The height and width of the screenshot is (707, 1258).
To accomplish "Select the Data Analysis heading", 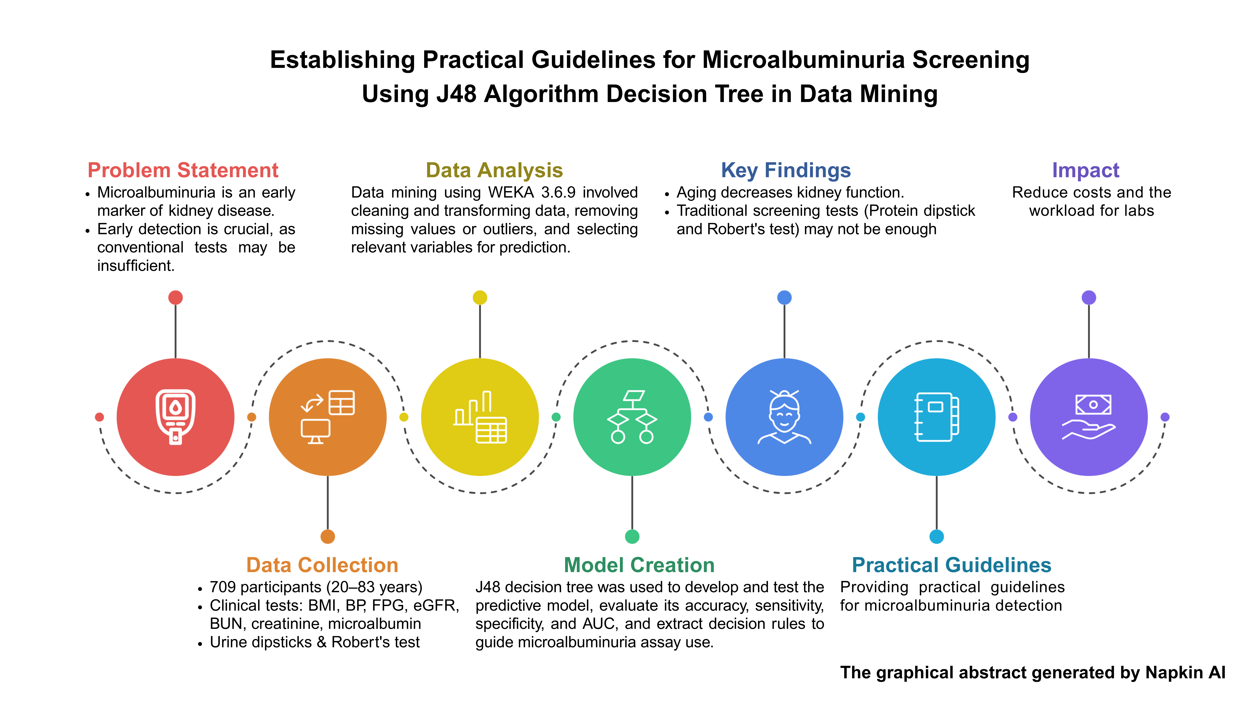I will [x=494, y=170].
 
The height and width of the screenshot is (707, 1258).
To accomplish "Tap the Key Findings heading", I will [x=786, y=170].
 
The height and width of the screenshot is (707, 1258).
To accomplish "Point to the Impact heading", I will [x=1085, y=170].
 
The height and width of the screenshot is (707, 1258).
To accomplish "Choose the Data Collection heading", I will [x=322, y=565].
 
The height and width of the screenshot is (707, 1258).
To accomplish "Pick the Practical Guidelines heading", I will [x=951, y=565].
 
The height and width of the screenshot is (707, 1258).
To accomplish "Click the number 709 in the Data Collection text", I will [x=223, y=587].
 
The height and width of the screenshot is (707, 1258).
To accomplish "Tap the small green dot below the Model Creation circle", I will [x=632, y=536].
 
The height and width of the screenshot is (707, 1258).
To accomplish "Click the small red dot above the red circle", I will [x=175, y=297].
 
